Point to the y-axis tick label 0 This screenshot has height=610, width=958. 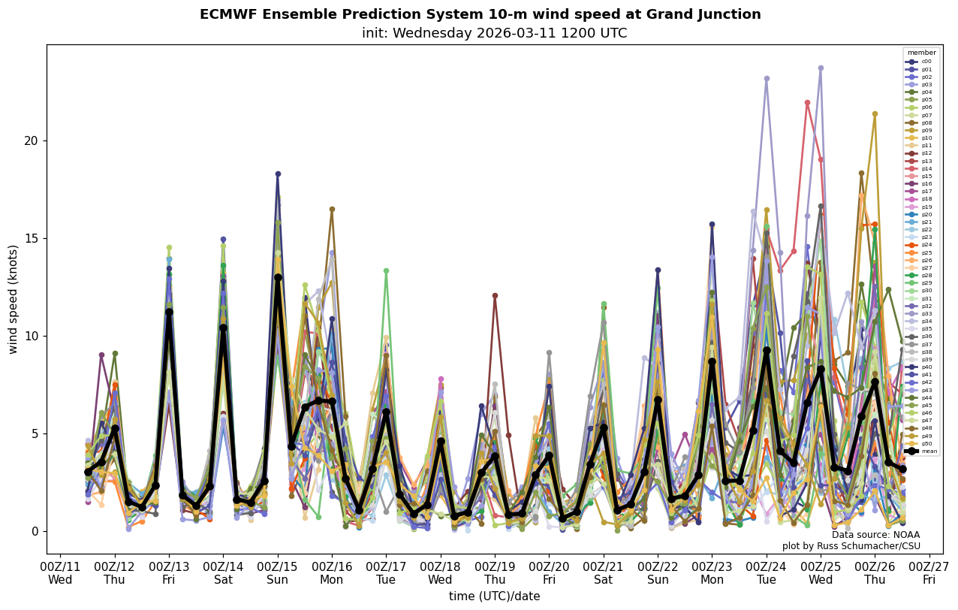click(x=34, y=532)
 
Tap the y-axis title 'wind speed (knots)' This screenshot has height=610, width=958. click(x=14, y=299)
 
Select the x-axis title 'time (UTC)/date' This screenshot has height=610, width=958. click(x=494, y=596)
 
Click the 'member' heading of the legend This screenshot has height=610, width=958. click(x=922, y=53)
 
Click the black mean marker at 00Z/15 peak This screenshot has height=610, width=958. click(x=278, y=277)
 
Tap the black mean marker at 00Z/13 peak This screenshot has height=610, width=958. click(x=169, y=312)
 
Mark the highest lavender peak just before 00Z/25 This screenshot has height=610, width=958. click(x=821, y=68)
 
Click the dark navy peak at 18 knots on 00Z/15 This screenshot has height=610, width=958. click(x=278, y=174)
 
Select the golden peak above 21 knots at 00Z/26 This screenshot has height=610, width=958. click(x=875, y=114)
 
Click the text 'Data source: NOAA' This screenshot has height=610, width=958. click(x=875, y=535)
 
